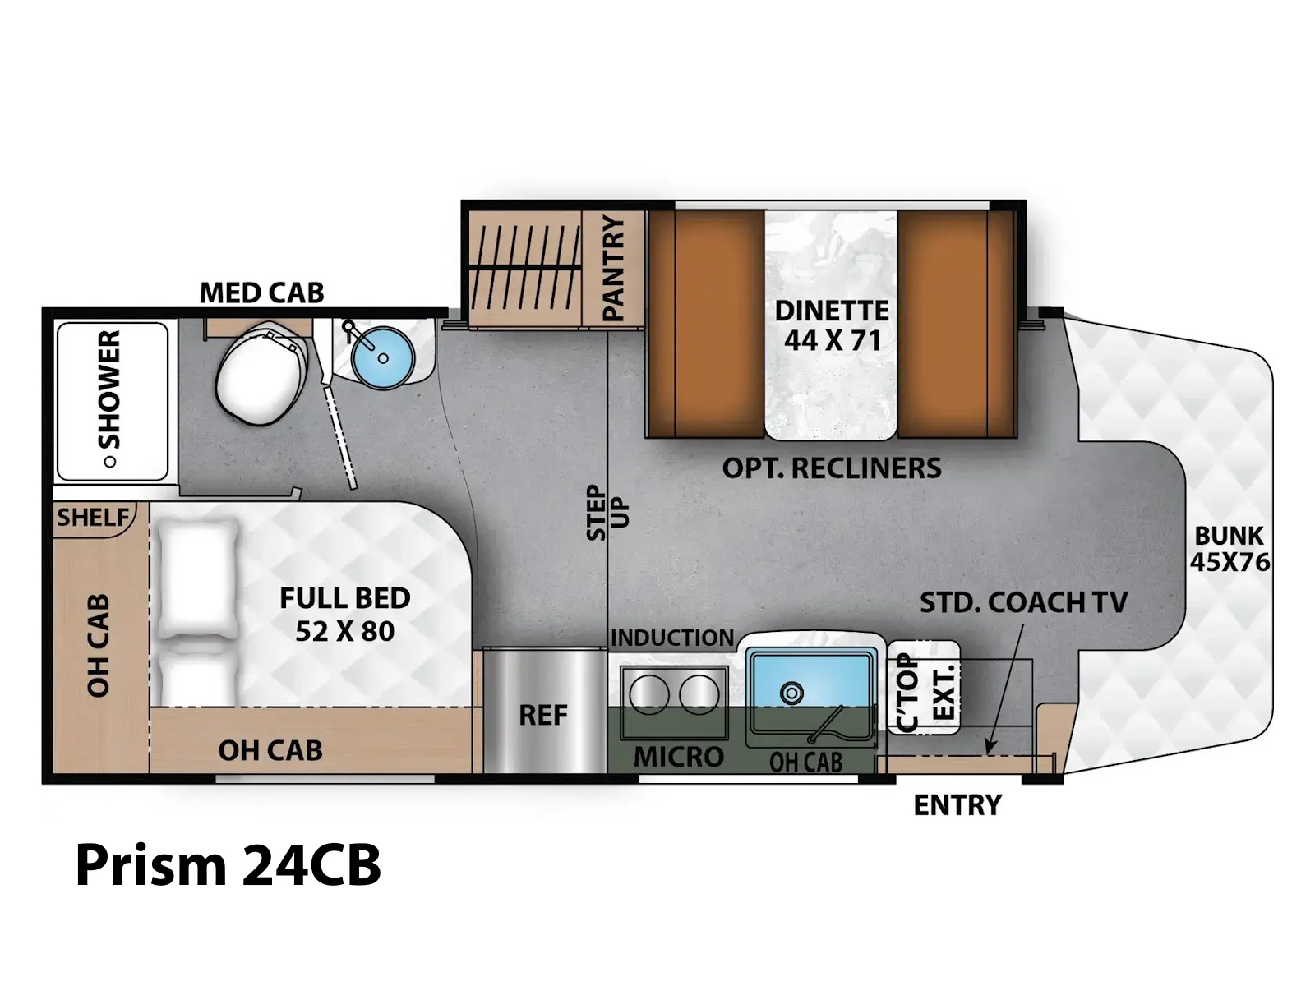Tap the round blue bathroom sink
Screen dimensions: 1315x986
coord(382,357)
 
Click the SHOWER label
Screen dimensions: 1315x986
coord(110,389)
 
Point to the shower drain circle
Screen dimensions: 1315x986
coord(109,462)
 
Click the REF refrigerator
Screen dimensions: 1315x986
coord(543,712)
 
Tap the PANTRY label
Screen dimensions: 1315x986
coord(613,269)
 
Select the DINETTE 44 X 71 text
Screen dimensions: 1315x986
coord(832,325)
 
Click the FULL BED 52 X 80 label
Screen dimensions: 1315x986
coord(345,615)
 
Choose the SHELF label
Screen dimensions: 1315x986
coord(93,518)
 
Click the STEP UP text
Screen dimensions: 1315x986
coord(607,513)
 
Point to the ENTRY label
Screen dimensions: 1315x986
coord(957,805)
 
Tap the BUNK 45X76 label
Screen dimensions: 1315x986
coord(1230,548)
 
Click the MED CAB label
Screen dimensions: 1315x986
coord(262,293)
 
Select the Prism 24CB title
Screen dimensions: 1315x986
coord(228,865)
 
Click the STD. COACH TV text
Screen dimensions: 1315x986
coord(1024,602)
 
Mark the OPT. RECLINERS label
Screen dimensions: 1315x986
coord(832,468)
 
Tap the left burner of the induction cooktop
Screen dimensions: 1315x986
coord(649,694)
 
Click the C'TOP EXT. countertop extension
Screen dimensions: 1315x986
coord(923,687)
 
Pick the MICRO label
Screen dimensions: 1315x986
coord(679,758)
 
